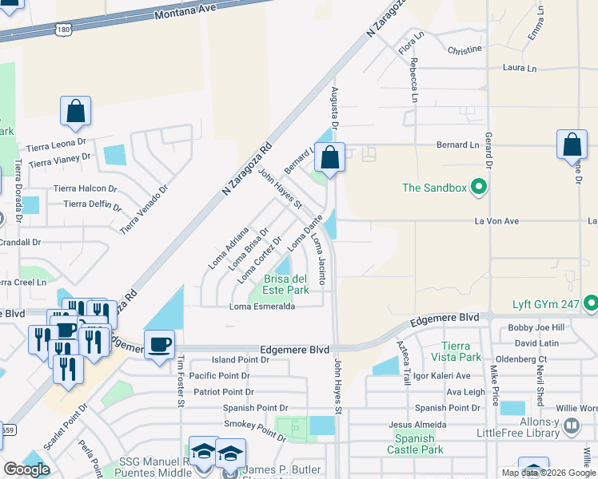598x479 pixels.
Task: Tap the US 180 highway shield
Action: pyautogui.click(x=64, y=29)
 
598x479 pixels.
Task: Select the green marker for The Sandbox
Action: pyautogui.click(x=479, y=188)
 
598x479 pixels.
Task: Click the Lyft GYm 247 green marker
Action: pyautogui.click(x=591, y=304)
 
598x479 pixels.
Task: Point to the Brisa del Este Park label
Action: pyautogui.click(x=286, y=284)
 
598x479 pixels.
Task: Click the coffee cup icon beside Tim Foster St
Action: pyautogui.click(x=159, y=344)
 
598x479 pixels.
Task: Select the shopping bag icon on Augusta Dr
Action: pyautogui.click(x=329, y=157)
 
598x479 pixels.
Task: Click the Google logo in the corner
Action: pyautogui.click(x=26, y=469)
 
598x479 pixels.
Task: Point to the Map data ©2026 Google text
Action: pyautogui.click(x=549, y=473)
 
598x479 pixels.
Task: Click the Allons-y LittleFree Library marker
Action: pyautogui.click(x=571, y=426)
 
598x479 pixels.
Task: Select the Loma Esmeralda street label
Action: pyautogui.click(x=263, y=307)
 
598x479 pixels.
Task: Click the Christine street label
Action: pyautogui.click(x=464, y=49)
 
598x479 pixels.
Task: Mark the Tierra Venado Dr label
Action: pyautogui.click(x=145, y=210)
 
